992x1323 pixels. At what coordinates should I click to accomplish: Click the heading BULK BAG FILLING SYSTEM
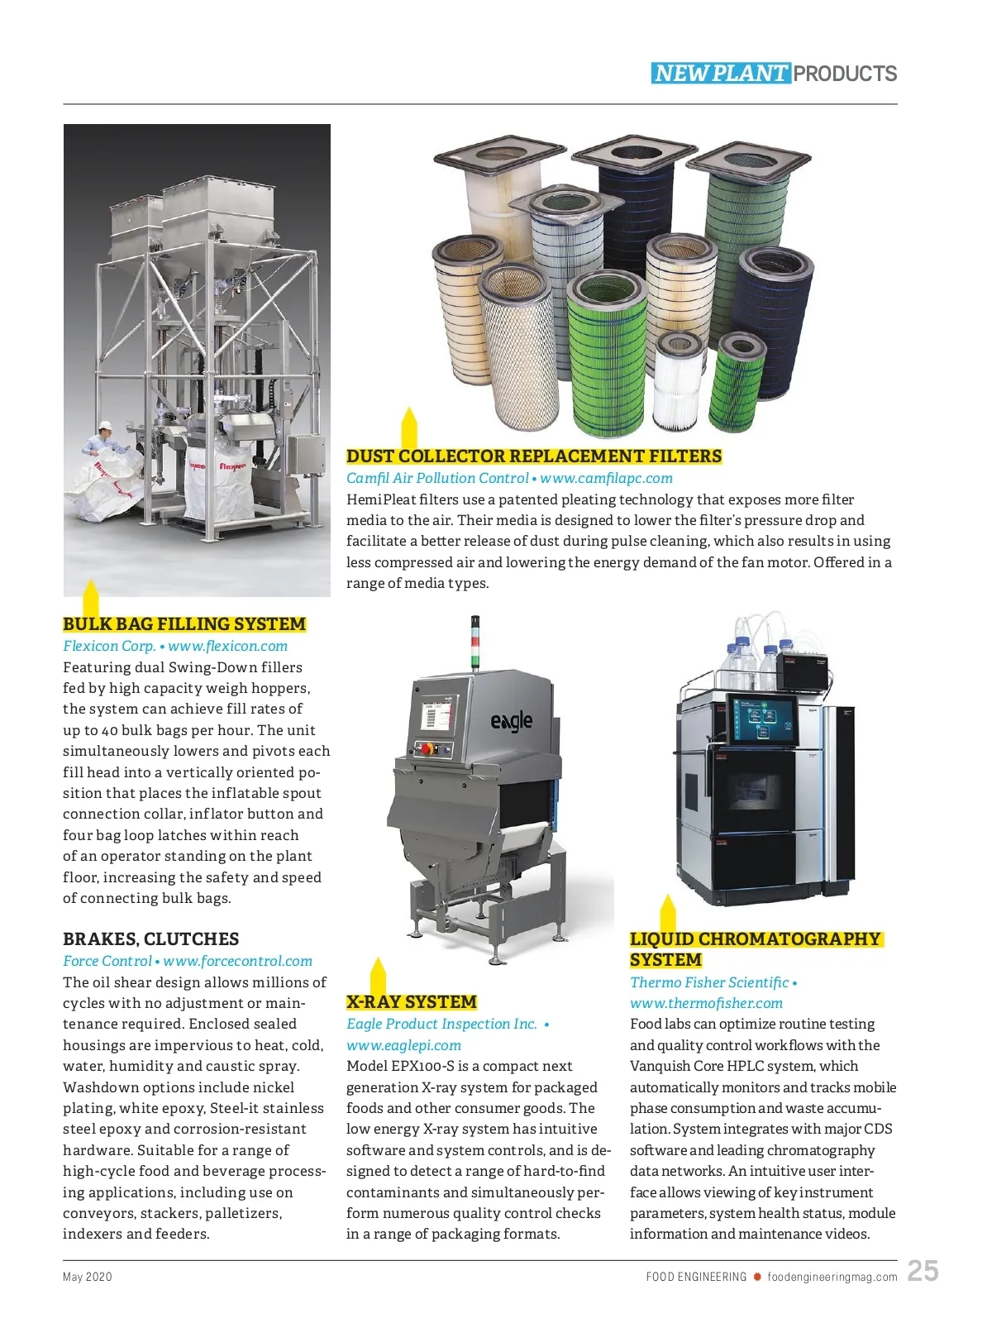coord(184,624)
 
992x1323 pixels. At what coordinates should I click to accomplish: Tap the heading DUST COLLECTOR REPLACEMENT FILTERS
coord(534,456)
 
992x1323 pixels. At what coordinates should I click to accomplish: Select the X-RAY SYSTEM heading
coord(412,1002)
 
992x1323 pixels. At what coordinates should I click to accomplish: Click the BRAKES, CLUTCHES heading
coord(151,939)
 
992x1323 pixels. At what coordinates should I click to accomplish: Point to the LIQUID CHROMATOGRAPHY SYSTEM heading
coord(755,949)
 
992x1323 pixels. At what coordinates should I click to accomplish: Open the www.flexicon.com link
coord(228,647)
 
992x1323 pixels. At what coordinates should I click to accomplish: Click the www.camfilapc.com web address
coord(607,478)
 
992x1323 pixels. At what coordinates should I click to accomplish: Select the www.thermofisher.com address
coord(706,1003)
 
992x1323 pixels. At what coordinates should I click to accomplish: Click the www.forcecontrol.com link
coord(238,961)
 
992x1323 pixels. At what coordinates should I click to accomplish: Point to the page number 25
coord(923,1271)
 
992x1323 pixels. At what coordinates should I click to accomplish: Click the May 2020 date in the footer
coord(88,1277)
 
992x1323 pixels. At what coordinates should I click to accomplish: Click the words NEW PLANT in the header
coord(721,74)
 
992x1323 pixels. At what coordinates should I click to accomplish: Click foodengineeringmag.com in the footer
coord(832,1277)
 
